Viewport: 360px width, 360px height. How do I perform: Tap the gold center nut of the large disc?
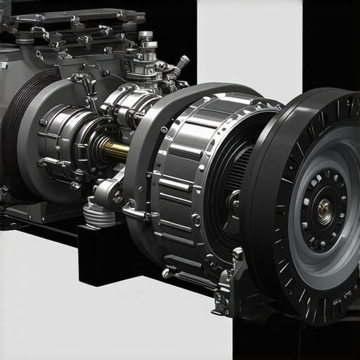pyautogui.click(x=324, y=207)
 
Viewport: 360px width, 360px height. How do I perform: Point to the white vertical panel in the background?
pyautogui.click(x=250, y=42)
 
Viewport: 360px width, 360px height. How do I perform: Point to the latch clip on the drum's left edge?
pyautogui.click(x=134, y=209)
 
